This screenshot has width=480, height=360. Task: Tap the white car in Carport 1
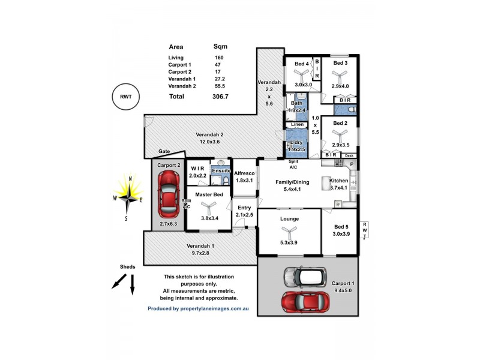point(305,277)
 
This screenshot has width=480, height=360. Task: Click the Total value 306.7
point(220,96)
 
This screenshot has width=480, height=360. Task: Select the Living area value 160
point(219,58)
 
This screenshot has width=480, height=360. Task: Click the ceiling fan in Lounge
point(289,233)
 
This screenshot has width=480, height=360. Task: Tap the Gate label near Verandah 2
point(164,152)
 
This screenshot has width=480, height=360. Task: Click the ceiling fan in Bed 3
point(340,76)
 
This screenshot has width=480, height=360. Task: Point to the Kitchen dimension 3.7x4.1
point(339,188)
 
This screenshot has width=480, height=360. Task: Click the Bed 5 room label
point(341,226)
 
